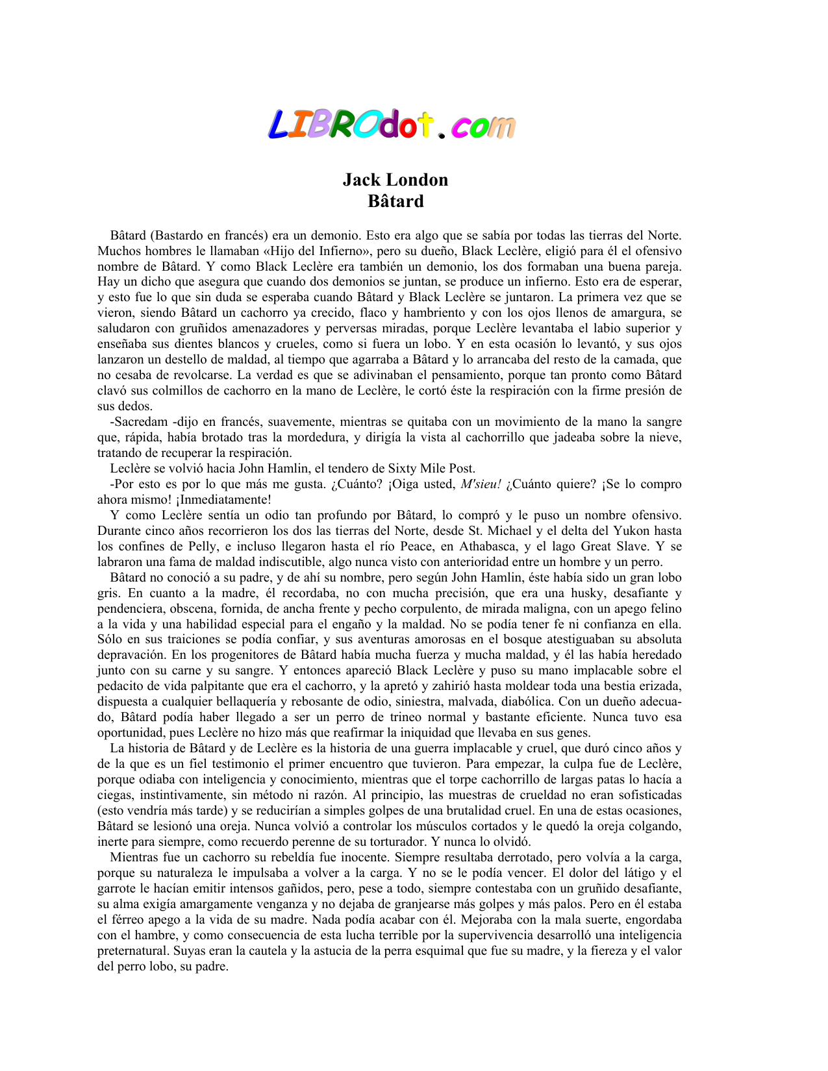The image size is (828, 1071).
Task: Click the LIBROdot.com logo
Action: point(392,125)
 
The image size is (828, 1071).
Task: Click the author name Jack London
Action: point(395,180)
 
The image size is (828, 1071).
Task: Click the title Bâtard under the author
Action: point(395,201)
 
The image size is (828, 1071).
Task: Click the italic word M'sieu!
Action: point(481,484)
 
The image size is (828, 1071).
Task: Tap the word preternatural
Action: point(133,951)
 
